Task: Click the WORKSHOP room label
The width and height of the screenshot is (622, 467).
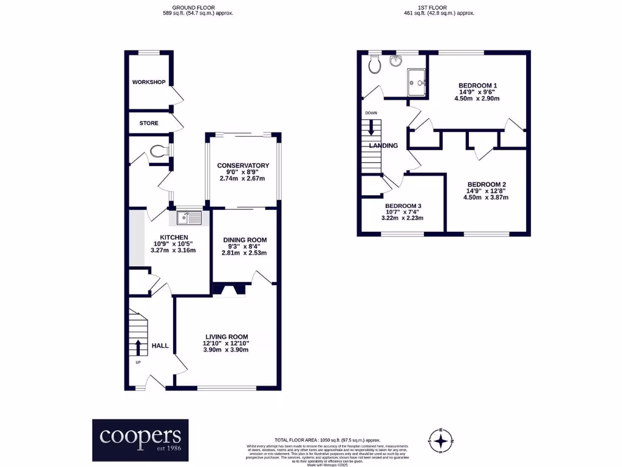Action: pyautogui.click(x=149, y=82)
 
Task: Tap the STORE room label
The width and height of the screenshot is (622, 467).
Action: pyautogui.click(x=149, y=123)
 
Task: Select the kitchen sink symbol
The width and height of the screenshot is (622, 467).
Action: pyautogui.click(x=189, y=215)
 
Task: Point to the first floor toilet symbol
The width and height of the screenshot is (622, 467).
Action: pyautogui.click(x=375, y=63)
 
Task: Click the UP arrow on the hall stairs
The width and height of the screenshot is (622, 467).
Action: pyautogui.click(x=137, y=347)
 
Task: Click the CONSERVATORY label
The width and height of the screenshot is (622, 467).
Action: pyautogui.click(x=243, y=165)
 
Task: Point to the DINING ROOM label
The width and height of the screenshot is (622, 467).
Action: pyautogui.click(x=245, y=240)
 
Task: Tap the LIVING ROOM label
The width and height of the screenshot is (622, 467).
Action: pyautogui.click(x=226, y=337)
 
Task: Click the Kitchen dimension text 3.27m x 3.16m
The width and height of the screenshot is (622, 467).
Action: pyautogui.click(x=173, y=251)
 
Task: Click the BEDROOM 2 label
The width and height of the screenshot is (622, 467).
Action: pyautogui.click(x=486, y=184)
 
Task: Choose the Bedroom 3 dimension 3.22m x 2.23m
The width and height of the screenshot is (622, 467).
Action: pyautogui.click(x=402, y=218)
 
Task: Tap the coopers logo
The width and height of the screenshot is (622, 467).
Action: pyautogui.click(x=140, y=439)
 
